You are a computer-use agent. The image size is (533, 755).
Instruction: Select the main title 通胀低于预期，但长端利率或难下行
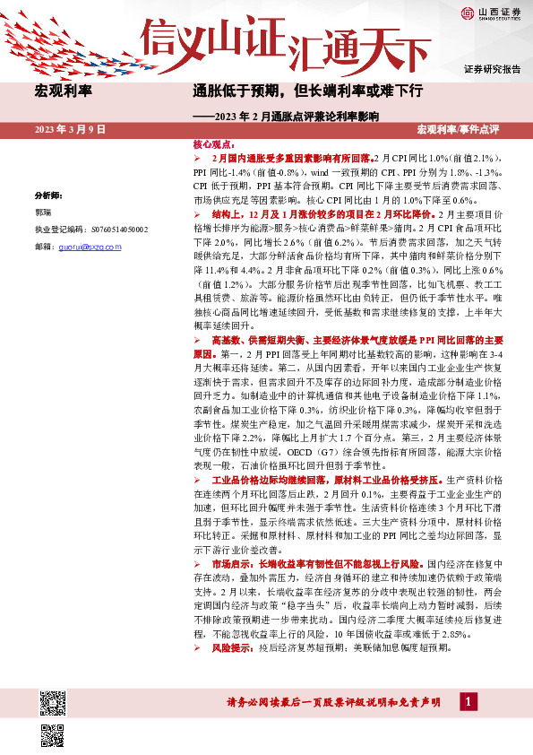click(x=307, y=91)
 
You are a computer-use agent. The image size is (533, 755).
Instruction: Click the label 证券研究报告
click(x=493, y=69)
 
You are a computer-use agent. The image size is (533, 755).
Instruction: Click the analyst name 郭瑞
click(x=43, y=213)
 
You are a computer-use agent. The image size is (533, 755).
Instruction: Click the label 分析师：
click(x=48, y=195)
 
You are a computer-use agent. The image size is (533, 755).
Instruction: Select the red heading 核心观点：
click(x=214, y=143)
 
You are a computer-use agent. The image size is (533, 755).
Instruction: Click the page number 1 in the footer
click(x=467, y=701)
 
